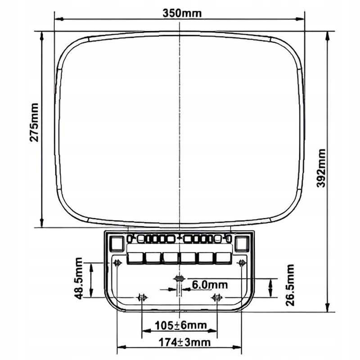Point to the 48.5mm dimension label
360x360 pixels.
pos(78,279)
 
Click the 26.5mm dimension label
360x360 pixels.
pos(289,285)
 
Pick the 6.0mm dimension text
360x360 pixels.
pos(210,285)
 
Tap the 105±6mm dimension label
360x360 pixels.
pos(180,325)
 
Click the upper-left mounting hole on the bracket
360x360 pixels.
pos(117,263)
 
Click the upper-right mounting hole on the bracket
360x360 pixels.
pos(242,263)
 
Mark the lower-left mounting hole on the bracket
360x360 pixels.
pos(142,297)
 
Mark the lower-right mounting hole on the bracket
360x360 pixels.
pos(217,297)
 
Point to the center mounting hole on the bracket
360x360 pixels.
pos(179,279)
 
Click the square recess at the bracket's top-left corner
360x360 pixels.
pos(117,243)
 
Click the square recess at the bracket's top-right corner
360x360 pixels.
pos(242,243)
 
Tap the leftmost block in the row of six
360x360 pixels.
pos(135,257)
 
